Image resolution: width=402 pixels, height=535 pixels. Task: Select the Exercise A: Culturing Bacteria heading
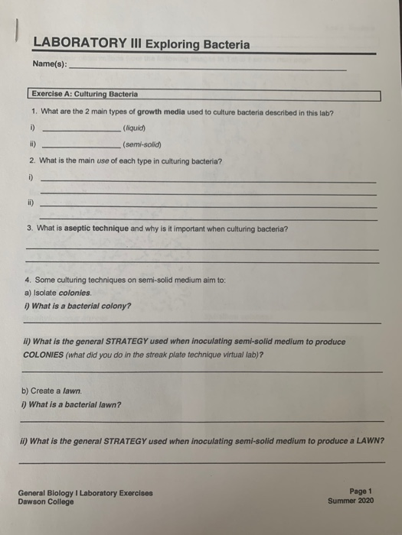(85, 95)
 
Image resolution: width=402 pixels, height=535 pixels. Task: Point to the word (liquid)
(134, 128)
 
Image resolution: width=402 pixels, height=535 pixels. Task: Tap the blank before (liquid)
(80, 131)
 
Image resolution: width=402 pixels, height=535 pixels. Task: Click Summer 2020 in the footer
(351, 501)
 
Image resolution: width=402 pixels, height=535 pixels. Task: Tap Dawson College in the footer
(47, 502)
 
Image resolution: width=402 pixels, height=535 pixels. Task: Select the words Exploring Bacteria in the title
(202, 45)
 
